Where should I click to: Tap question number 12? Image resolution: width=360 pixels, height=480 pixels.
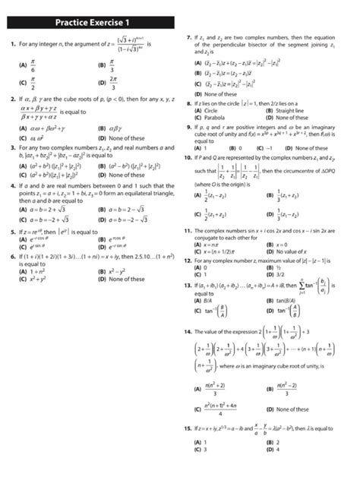[x=188, y=261]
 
